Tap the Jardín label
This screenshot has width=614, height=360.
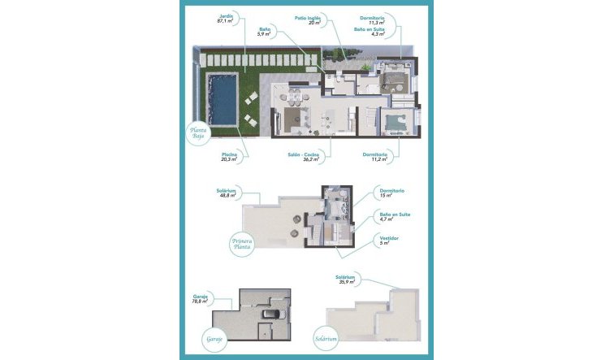(x=227, y=19)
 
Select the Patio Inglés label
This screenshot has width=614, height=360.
(x=313, y=19)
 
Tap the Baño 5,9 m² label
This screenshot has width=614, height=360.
(x=263, y=32)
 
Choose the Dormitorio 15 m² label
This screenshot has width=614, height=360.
(x=391, y=193)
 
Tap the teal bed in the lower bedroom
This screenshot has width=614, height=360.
(x=392, y=123)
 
